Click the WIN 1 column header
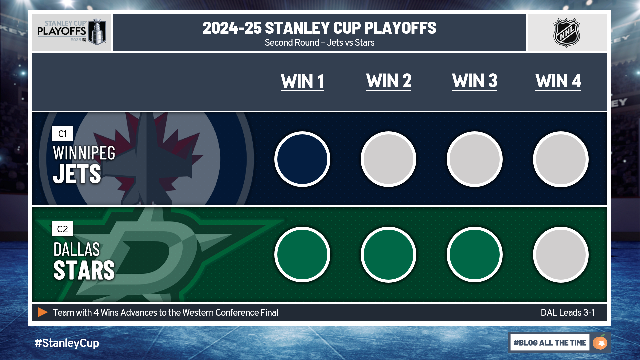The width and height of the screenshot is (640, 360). point(302,82)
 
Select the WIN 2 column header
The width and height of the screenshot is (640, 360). point(389,81)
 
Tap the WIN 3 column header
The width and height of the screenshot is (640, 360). point(475,81)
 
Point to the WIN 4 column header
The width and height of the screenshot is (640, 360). point(558,81)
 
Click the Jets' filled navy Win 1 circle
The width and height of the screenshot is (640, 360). point(302,159)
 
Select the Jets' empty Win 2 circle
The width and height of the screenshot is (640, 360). point(388,159)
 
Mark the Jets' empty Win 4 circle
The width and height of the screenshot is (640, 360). point(561,159)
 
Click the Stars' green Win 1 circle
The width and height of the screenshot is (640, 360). point(302,255)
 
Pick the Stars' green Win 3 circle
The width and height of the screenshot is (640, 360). point(475,255)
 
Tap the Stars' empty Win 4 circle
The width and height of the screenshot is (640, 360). point(561,255)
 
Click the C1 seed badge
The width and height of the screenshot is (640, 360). point(62,134)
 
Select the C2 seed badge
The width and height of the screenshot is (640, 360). point(62,229)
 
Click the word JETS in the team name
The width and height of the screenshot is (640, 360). point(77,174)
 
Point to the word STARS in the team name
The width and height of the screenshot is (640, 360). point(84,270)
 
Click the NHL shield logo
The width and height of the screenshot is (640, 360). point(567,32)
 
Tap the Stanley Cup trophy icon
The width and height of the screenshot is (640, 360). point(98,32)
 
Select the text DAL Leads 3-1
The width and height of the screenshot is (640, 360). point(567,313)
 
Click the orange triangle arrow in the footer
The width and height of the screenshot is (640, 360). point(43,312)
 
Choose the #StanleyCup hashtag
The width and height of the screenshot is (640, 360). point(67,343)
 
